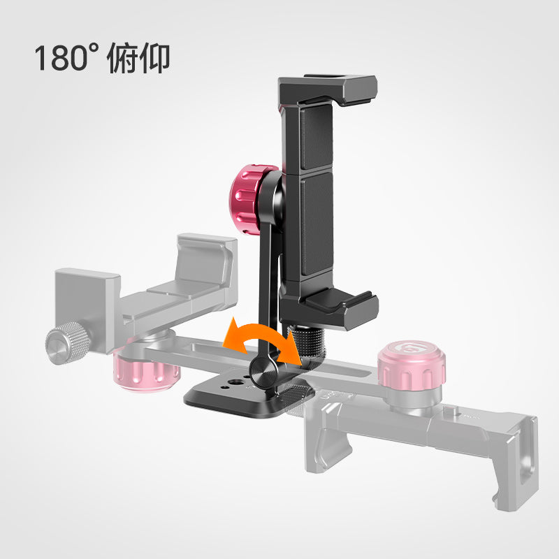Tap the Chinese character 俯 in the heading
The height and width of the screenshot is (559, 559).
point(121,58)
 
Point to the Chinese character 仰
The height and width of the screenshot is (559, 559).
point(153,58)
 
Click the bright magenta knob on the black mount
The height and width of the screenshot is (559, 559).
point(249,199)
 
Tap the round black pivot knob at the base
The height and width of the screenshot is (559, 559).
point(263,372)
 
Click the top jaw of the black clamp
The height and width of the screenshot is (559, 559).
point(327,89)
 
